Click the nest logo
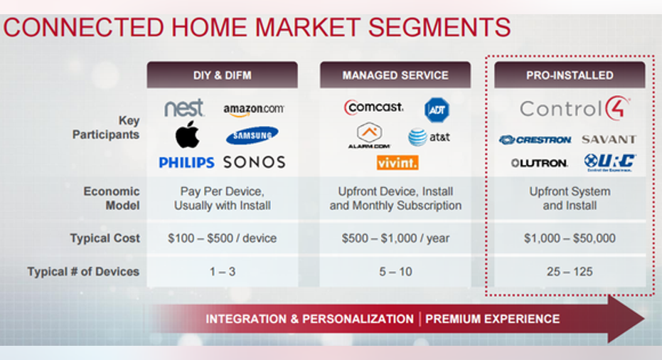coord(184,108)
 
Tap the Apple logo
coord(187,134)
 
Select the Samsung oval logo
coord(252,136)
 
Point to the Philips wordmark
coord(186,162)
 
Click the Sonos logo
coord(254,162)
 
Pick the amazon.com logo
coord(254,110)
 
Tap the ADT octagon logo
coord(437,110)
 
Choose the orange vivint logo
coord(397,163)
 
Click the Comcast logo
coord(373,107)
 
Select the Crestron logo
coord(535,140)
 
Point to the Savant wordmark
coord(609,139)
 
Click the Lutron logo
coord(539,163)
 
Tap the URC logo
coord(610,162)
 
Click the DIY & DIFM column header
coord(222,75)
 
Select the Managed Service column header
coord(395,75)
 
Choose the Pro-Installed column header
coord(570,75)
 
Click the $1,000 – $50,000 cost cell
coord(570,238)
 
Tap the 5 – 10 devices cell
coord(395,271)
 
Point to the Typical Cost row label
coord(105,238)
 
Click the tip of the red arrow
coord(644,319)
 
